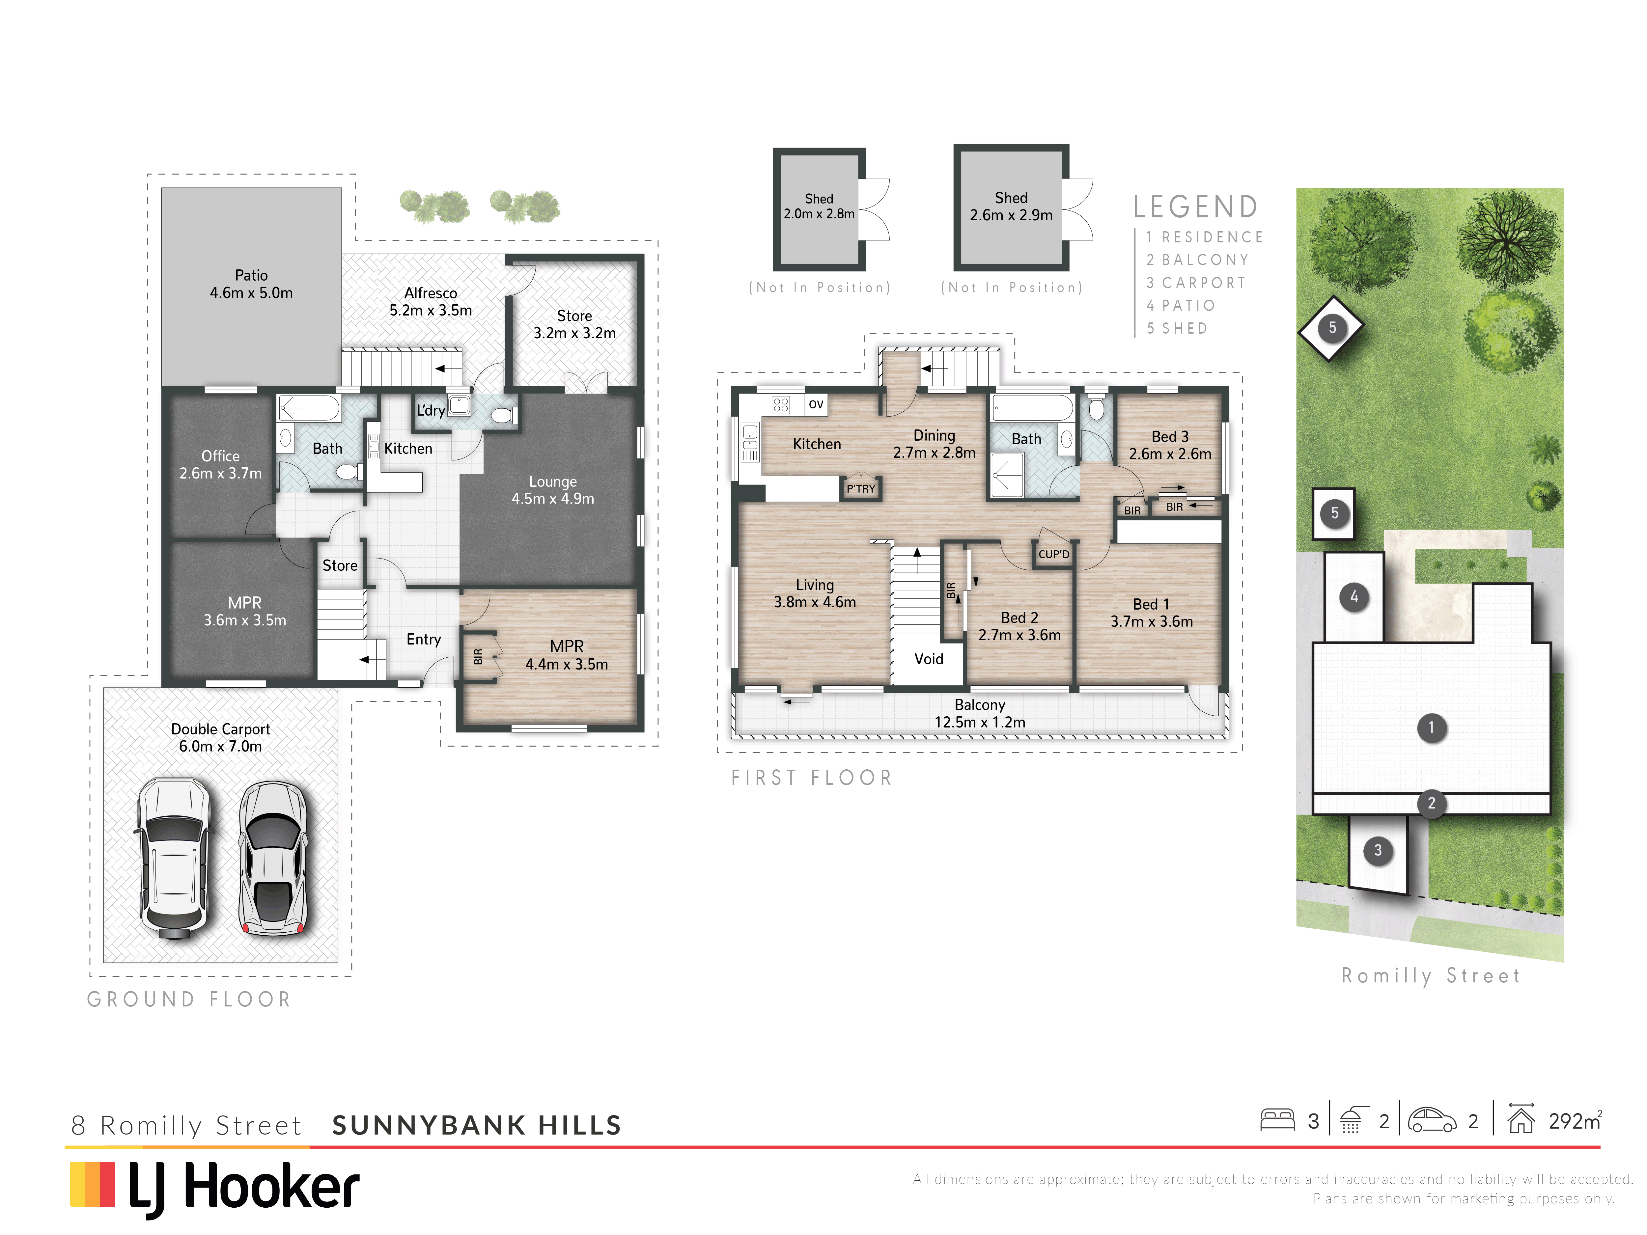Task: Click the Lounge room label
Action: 552,490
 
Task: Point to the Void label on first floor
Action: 929,659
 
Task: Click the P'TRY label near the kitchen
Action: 861,488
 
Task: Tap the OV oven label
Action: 816,404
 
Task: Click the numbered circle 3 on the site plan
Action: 1378,850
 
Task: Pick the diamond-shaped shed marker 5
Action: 1331,328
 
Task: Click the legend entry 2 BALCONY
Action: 1197,260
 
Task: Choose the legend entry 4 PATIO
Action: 1181,305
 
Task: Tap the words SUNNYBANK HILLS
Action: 477,1125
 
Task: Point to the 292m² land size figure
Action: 1575,1120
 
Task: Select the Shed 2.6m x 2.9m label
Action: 1011,206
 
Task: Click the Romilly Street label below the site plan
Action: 1430,976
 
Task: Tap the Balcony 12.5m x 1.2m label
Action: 980,713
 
